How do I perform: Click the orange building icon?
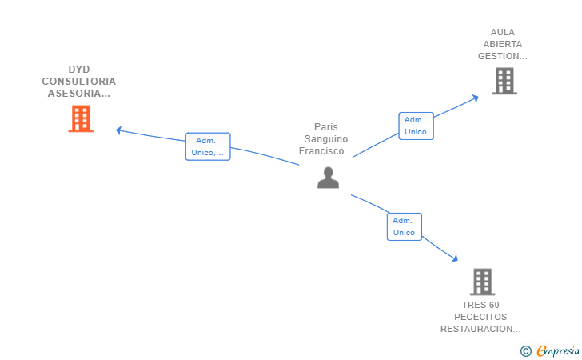pyautogui.click(x=81, y=118)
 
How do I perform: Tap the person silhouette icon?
pyautogui.click(x=328, y=178)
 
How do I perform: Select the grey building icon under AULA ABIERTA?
pyautogui.click(x=504, y=81)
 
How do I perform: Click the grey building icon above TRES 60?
pyautogui.click(x=483, y=282)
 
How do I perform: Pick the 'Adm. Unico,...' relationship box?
pyautogui.click(x=208, y=146)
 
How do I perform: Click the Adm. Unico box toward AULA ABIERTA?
pyautogui.click(x=416, y=126)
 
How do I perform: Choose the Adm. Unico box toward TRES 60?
pyautogui.click(x=405, y=226)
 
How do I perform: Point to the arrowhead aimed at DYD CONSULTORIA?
pyautogui.click(x=118, y=130)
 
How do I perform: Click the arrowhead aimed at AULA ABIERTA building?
pyautogui.click(x=475, y=98)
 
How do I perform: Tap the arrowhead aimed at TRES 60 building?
pyautogui.click(x=455, y=258)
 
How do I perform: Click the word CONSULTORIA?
pyautogui.click(x=78, y=82)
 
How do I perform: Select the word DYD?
pyautogui.click(x=79, y=70)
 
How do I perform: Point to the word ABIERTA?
pyautogui.click(x=503, y=44)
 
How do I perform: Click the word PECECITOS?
pyautogui.click(x=480, y=317)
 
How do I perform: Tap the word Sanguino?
pyautogui.click(x=326, y=139)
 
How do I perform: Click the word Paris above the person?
pyautogui.click(x=326, y=127)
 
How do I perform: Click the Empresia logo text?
pyautogui.click(x=558, y=350)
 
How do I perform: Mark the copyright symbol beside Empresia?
pyautogui.click(x=526, y=351)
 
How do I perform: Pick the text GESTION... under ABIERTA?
pyautogui.click(x=503, y=56)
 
